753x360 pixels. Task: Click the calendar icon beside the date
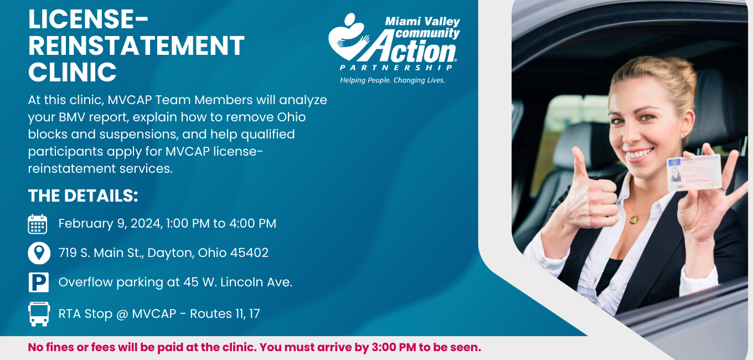[x=37, y=224]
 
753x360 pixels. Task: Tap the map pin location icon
[x=39, y=253]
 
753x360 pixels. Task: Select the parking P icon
[x=39, y=282]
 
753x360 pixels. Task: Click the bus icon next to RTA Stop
[x=39, y=314]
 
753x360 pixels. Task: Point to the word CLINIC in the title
[x=73, y=72]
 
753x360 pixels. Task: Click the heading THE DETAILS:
[x=83, y=196]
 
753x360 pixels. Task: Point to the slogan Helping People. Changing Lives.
[x=393, y=80]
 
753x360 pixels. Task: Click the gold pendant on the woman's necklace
[x=633, y=220]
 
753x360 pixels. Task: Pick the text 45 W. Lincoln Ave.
[x=238, y=282]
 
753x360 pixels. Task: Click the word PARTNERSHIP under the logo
[x=396, y=68]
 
